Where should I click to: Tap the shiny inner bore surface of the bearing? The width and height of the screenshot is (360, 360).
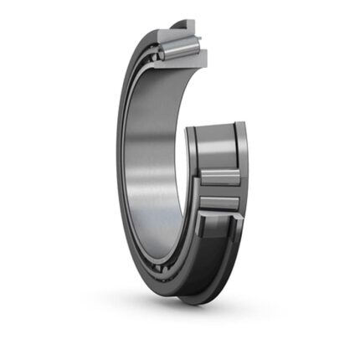[x=147, y=142]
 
